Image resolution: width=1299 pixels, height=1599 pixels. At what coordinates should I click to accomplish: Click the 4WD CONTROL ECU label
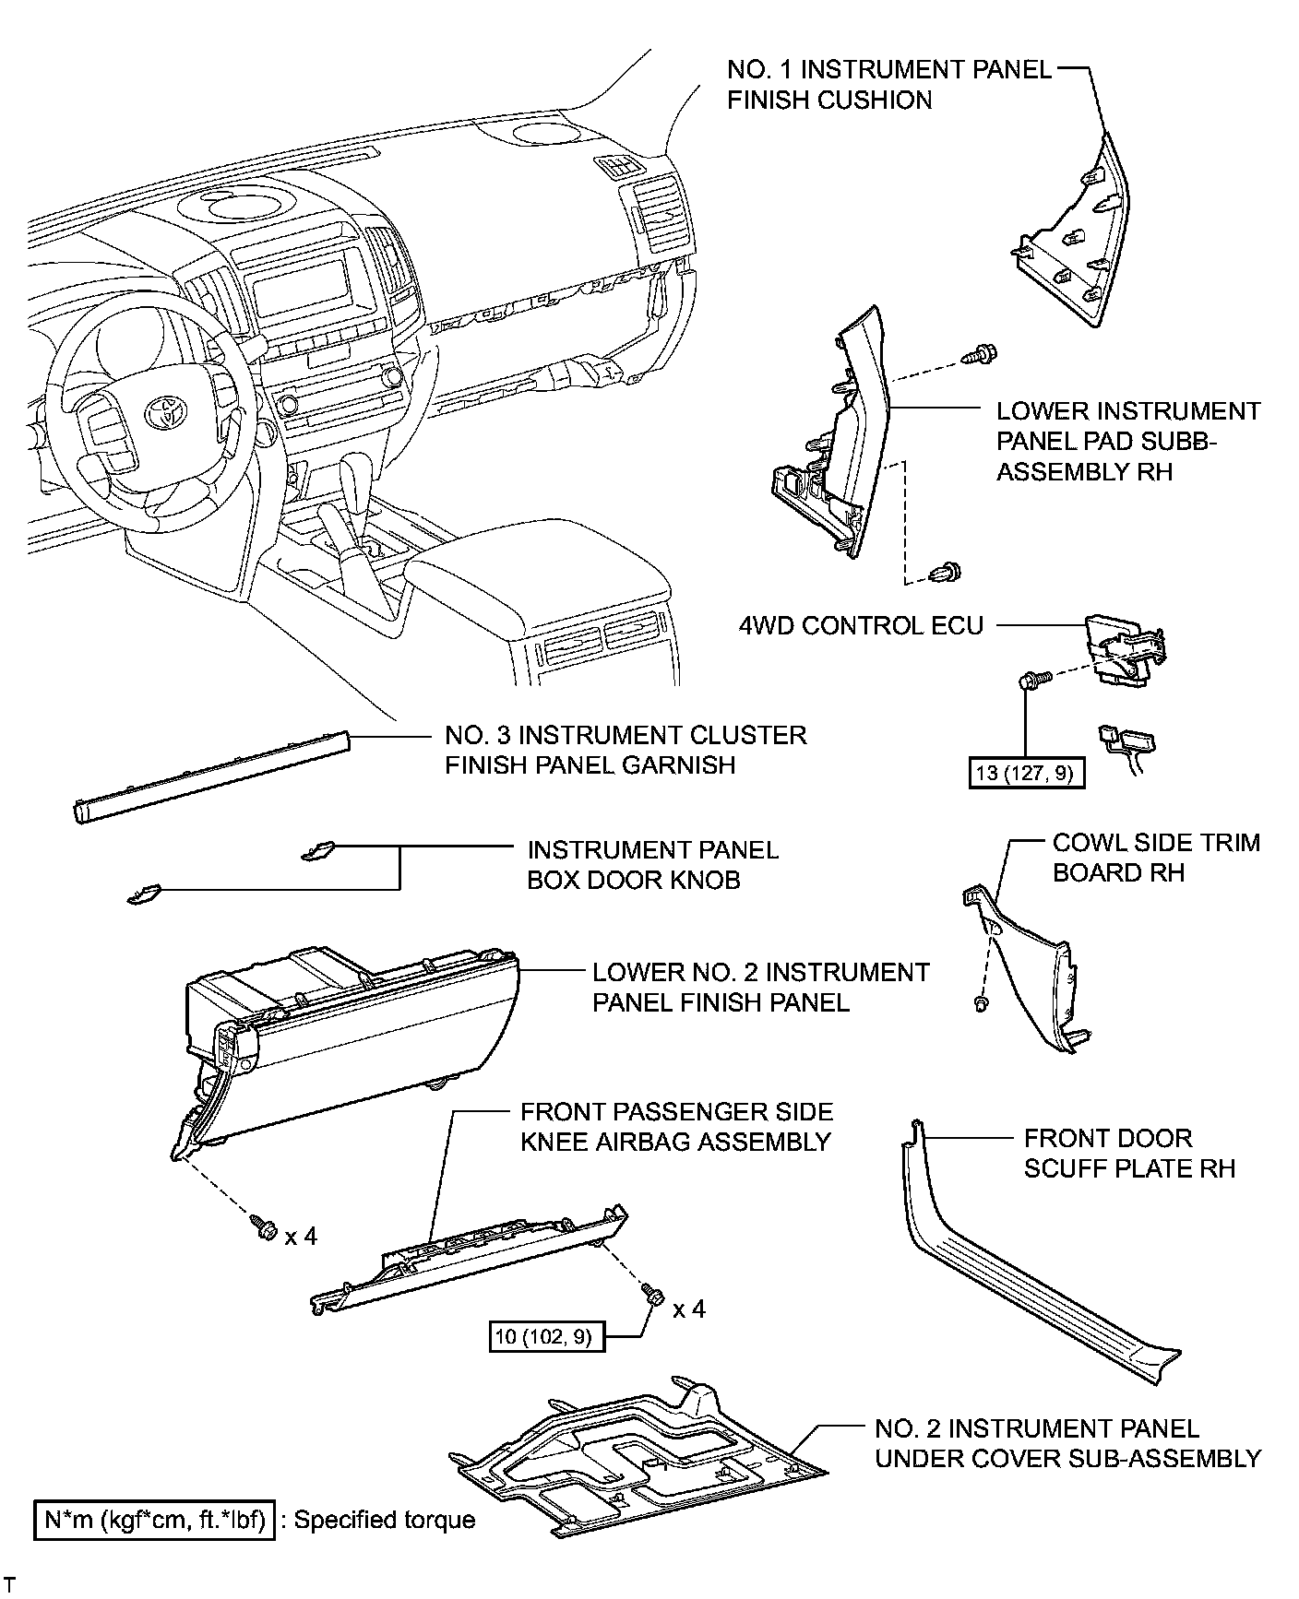[861, 625]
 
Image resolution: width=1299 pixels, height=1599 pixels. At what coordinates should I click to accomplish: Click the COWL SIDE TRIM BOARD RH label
[1155, 858]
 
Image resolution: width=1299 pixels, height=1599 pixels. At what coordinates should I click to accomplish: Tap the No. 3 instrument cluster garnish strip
[211, 775]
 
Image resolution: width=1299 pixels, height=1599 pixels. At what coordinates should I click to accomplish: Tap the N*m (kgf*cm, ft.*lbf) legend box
[155, 1520]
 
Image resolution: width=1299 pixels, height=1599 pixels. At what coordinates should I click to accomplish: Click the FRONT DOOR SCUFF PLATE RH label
[1128, 1153]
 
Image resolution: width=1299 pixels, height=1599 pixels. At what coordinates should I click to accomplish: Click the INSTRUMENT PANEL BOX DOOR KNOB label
[652, 864]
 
